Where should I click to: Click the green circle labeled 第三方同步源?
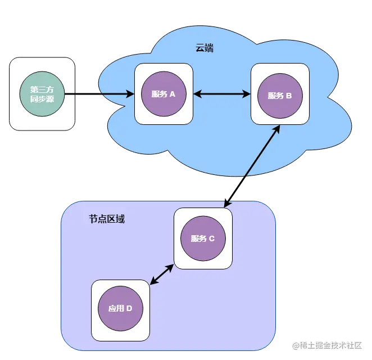tap(42, 94)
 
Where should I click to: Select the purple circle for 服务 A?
tap(164, 94)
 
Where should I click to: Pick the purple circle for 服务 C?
tap(203, 238)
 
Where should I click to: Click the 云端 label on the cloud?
tap(205, 48)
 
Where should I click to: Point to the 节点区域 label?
tap(107, 219)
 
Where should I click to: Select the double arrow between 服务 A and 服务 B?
tap(222, 94)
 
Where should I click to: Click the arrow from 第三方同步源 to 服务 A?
tap(99, 94)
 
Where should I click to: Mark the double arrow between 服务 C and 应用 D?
tap(162, 274)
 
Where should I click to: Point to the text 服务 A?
tap(164, 94)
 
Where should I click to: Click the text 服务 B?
tap(280, 95)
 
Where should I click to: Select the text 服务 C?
tap(203, 238)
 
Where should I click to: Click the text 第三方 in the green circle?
tap(42, 89)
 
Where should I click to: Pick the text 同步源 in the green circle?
tap(42, 100)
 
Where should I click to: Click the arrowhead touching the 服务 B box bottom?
tap(276, 129)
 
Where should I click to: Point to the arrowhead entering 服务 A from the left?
tap(130, 94)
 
